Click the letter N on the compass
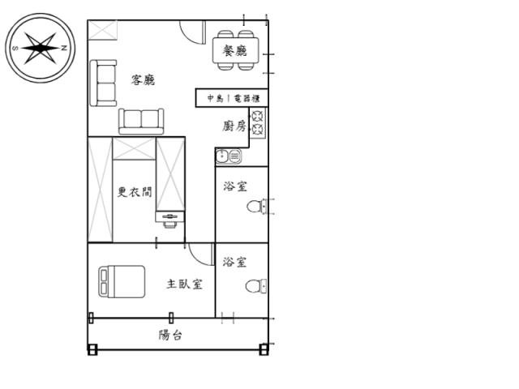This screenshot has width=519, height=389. tap(64, 48)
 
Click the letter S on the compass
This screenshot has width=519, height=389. tap(15, 49)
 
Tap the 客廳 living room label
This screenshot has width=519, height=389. tap(143, 80)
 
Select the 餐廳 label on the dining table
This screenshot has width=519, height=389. tap(235, 50)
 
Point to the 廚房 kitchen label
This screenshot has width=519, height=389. tap(234, 126)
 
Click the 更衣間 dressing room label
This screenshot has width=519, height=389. tap(135, 192)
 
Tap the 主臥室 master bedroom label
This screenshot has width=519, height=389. tap(184, 284)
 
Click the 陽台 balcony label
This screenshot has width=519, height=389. tap(170, 335)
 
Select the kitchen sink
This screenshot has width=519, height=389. tap(229, 156)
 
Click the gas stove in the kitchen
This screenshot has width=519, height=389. tap(258, 122)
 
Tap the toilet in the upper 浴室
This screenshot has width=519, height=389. tap(257, 207)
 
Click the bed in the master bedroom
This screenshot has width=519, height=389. tap(122, 281)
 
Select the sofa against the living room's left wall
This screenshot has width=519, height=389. tap(103, 83)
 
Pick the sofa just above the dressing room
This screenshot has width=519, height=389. tap(141, 122)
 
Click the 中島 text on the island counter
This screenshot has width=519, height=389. tap(215, 98)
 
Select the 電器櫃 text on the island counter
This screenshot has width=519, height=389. tap(247, 98)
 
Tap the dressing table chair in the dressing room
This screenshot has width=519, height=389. tap(170, 224)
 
